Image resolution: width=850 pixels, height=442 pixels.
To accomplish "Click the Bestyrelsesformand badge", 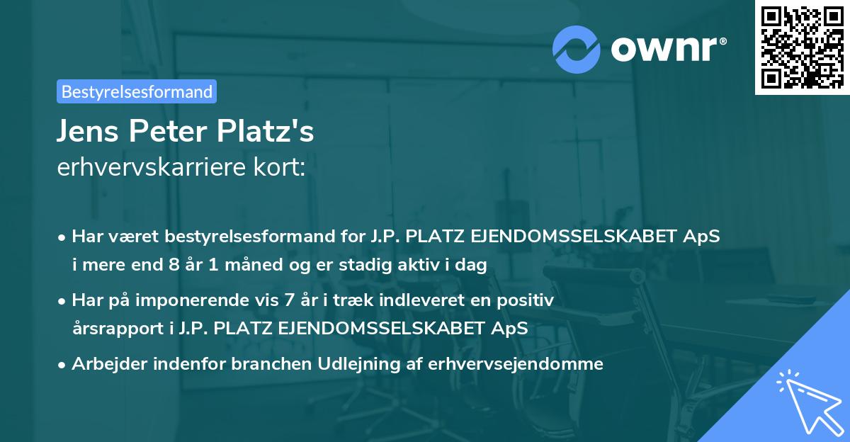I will tap(137, 91).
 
